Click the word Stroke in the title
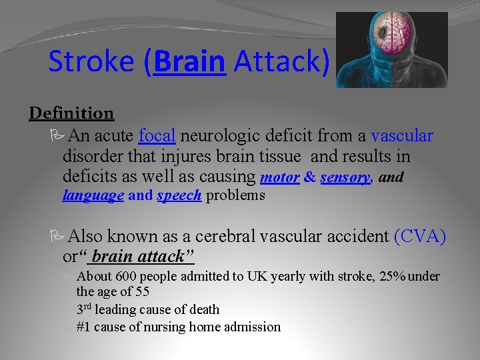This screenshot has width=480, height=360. coord(92,61)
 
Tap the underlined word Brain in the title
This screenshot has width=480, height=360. coord(189,61)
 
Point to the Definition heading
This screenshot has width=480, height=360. coord(71,113)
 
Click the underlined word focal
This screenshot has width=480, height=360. coord(157,136)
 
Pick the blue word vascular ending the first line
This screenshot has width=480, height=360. coord(402,136)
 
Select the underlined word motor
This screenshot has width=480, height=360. coord(279,177)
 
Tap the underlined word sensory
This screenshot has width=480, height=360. coord(345,177)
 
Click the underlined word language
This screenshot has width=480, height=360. coord(93,195)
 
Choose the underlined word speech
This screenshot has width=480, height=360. coord(179,195)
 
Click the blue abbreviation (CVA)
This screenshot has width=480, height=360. coord(420,236)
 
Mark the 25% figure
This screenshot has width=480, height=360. coord(390,276)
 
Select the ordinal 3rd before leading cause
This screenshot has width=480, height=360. coord(83,309)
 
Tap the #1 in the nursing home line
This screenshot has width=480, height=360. coord(85,327)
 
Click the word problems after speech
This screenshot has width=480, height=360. coord(235,195)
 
